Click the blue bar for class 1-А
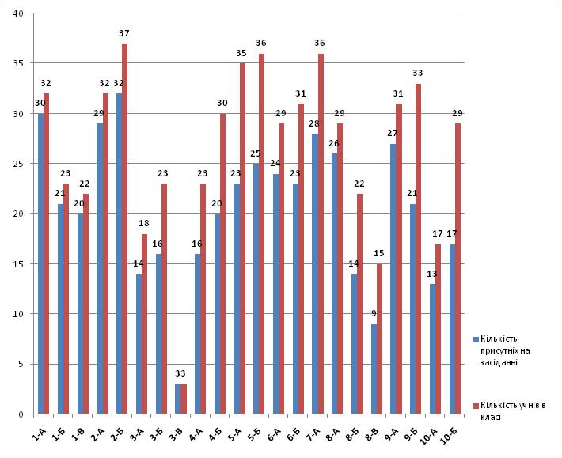[40, 264]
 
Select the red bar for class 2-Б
[125, 229]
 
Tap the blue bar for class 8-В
[374, 369]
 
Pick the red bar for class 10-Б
[458, 269]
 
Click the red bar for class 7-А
[321, 234]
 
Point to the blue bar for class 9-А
[393, 279]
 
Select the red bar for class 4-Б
[223, 264]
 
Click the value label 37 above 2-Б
[124, 33]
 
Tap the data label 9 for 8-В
[374, 314]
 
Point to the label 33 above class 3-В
[180, 374]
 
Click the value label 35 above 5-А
[241, 53]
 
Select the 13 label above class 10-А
[432, 274]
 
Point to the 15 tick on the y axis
[18, 264]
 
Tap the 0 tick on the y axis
[21, 414]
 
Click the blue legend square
[476, 339]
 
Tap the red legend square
[476, 406]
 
